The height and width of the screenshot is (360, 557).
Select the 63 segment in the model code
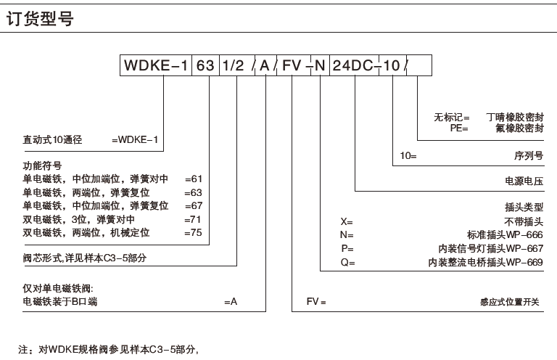click(x=206, y=66)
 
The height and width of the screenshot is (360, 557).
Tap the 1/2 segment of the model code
click(x=234, y=66)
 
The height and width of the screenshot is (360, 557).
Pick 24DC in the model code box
click(x=355, y=66)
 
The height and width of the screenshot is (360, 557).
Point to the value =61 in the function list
click(x=194, y=179)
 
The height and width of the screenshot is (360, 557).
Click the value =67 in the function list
click(x=194, y=205)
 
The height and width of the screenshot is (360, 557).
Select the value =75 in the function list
click(x=194, y=232)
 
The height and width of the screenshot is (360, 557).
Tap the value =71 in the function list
click(x=194, y=219)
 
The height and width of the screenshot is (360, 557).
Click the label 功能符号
click(x=43, y=165)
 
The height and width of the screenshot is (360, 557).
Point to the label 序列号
click(x=528, y=156)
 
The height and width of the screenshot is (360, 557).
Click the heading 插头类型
click(x=524, y=207)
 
